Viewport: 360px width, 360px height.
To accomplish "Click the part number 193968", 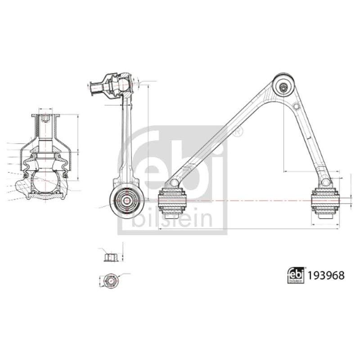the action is point(326,275).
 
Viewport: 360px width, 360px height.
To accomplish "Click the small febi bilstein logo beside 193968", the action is point(296,275).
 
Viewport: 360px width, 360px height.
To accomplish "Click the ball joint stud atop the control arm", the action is point(284,87).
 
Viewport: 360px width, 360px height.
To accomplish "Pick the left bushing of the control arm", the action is point(173,201).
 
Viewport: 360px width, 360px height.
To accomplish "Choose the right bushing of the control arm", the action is point(325,202).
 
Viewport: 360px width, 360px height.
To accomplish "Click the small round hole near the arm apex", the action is point(297,106).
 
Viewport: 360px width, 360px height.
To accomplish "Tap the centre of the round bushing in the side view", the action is point(126,201).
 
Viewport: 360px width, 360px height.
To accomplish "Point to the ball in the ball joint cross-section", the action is point(45,181).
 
